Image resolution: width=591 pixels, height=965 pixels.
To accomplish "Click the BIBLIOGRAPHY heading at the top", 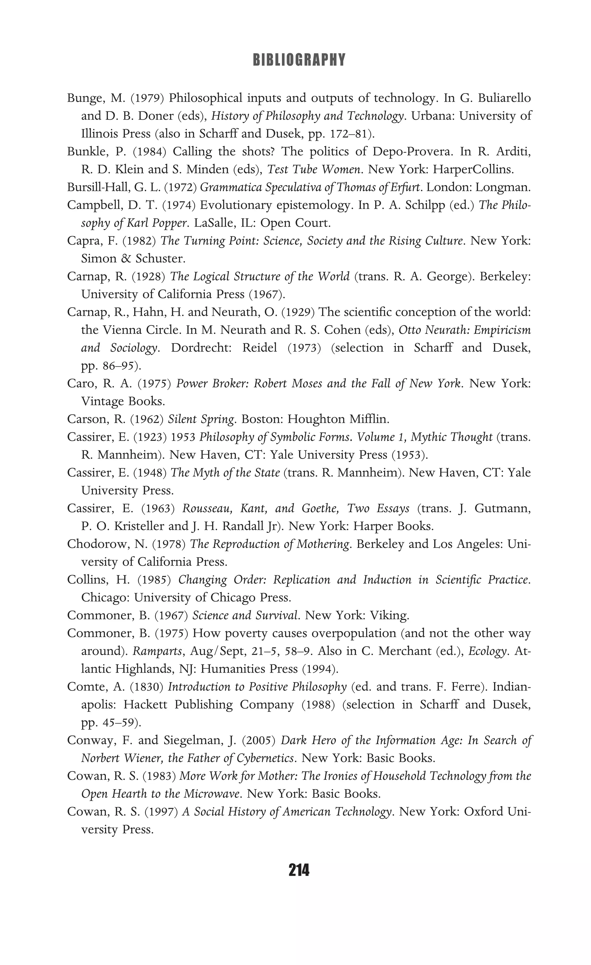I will pyautogui.click(x=299, y=60).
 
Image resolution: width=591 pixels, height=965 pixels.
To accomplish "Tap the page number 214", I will pyautogui.click(x=299, y=870).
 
